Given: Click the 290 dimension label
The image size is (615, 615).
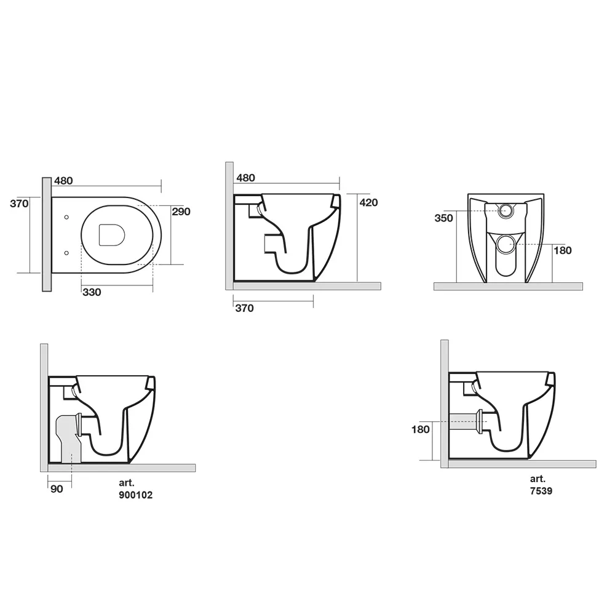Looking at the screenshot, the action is point(181,212).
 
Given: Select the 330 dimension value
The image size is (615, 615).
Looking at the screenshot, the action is point(92,292).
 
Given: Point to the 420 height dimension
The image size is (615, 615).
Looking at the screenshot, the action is point(368,202).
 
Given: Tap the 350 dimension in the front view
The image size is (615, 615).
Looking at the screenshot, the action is point(443,218).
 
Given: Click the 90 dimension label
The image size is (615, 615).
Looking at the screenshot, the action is point(57,489).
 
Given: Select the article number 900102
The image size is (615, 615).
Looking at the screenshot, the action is point(136,495).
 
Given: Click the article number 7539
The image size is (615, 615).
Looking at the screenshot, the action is point(541,491).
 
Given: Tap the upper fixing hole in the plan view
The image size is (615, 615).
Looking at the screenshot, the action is point(66,217).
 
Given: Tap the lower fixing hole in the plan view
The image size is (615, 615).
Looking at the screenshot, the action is point(66,253).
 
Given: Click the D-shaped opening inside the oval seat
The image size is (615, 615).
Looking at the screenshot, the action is point(112,235).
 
